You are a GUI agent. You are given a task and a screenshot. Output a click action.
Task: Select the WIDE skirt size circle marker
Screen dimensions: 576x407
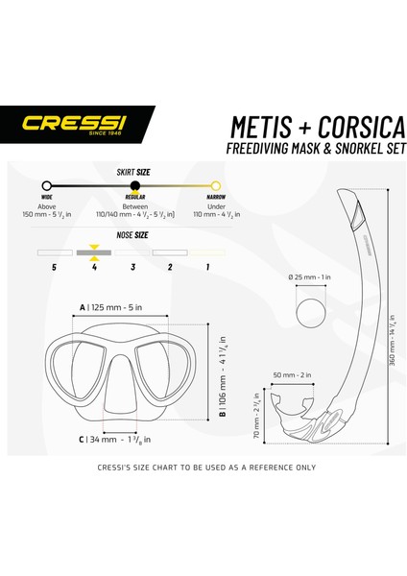[x=46, y=186]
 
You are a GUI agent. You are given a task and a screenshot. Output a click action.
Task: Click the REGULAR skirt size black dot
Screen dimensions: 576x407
[x=134, y=186]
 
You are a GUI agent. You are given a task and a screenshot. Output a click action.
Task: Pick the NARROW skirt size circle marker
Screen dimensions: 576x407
[x=217, y=186]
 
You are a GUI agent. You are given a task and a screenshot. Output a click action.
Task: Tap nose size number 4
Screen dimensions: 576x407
[x=93, y=268]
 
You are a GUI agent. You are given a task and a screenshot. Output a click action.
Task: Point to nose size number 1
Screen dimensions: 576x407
[x=208, y=268]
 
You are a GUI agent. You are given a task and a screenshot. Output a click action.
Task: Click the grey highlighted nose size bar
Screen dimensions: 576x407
[x=93, y=252]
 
